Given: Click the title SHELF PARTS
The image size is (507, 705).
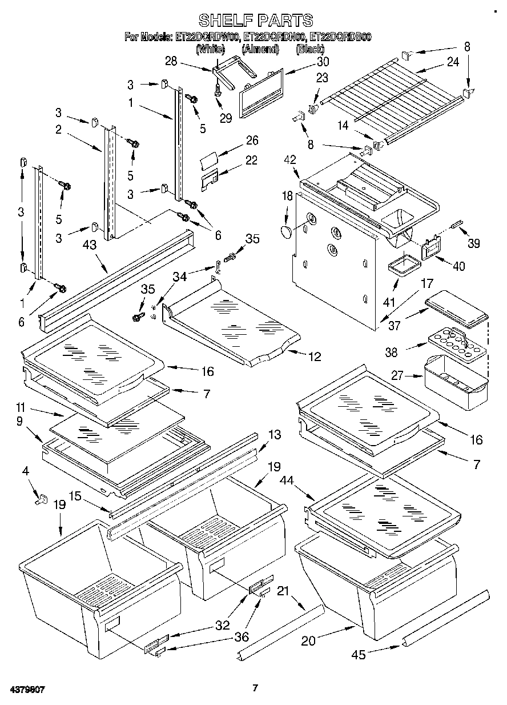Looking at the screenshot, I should [x=255, y=21].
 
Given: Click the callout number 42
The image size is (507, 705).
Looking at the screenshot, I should [x=291, y=159].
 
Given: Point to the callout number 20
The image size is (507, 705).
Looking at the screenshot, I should [x=308, y=641].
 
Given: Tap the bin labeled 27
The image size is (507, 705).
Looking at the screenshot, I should [x=456, y=381].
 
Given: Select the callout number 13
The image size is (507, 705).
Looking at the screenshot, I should [x=274, y=435].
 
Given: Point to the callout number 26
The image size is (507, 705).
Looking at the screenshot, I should [x=252, y=141].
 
